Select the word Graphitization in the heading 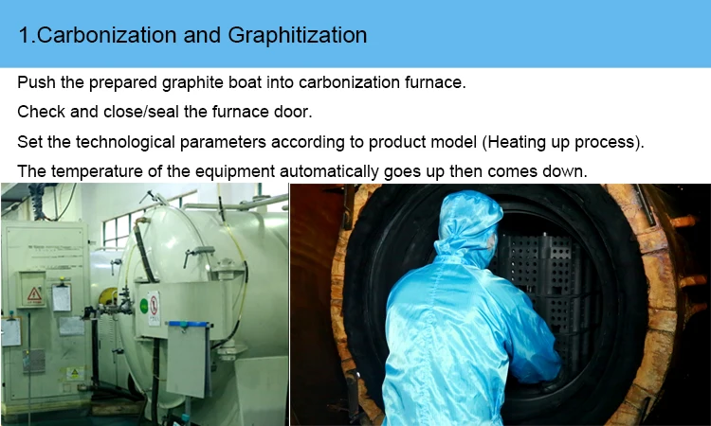point(298,36)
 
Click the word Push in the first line point(35,82)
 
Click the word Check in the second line point(42,112)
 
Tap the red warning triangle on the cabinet point(35,294)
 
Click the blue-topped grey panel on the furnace point(187,355)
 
